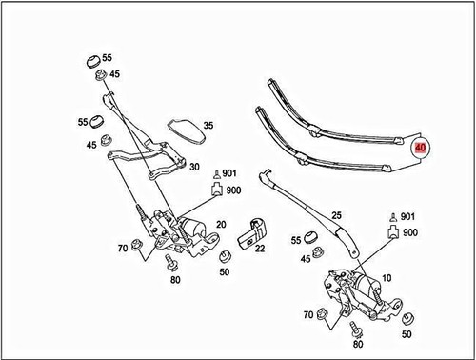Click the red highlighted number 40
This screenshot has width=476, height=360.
[419, 149]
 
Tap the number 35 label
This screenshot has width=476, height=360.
[208, 125]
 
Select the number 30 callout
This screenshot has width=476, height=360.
[194, 167]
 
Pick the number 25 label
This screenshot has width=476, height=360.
[336, 215]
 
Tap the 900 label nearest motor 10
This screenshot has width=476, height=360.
[410, 232]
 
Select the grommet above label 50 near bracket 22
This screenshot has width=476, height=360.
[226, 256]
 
